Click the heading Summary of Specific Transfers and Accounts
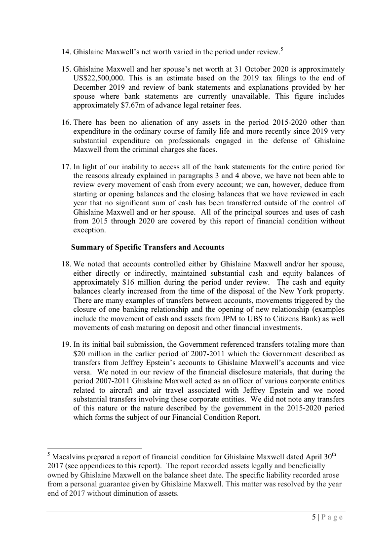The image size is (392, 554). (x=148, y=247)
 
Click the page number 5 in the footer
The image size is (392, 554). (x=314, y=517)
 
